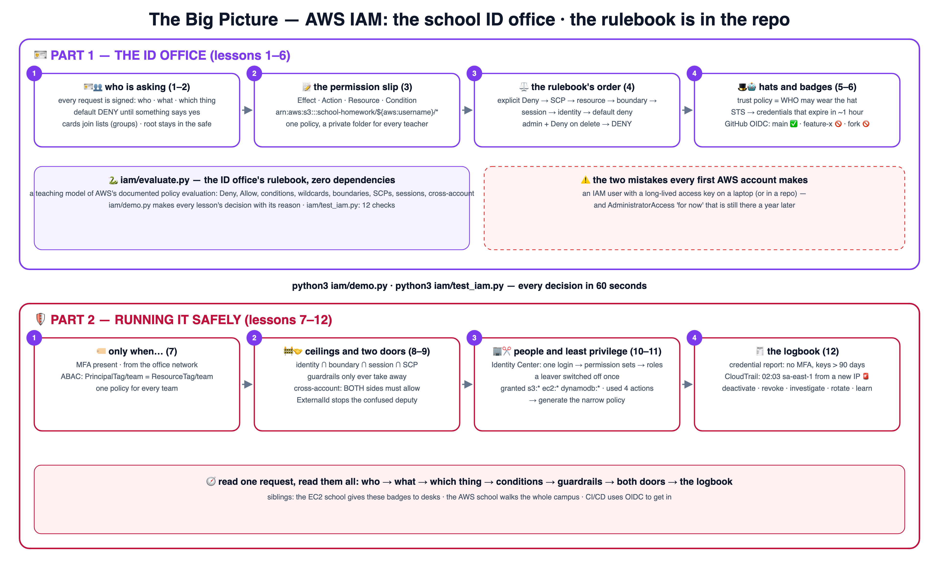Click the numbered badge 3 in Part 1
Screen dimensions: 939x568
(474, 73)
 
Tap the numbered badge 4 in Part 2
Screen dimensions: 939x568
(694, 338)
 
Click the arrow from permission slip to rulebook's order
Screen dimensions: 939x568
(467, 110)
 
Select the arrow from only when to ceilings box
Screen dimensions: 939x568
(247, 384)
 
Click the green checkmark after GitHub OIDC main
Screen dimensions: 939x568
(794, 124)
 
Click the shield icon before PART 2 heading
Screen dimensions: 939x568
(40, 319)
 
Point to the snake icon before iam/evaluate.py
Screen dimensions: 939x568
(113, 180)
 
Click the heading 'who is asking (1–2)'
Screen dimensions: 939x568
(147, 87)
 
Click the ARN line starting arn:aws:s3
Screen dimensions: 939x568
(357, 112)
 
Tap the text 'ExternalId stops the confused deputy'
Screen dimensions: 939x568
(357, 400)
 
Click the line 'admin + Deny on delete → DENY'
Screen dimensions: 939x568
(577, 124)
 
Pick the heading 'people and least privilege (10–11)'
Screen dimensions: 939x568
(587, 351)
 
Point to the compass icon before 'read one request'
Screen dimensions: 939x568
(211, 481)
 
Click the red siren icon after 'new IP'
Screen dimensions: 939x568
(866, 376)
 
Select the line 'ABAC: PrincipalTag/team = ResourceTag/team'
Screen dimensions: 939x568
(137, 377)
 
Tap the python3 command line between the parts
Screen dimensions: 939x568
(469, 286)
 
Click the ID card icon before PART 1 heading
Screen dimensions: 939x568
(40, 55)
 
